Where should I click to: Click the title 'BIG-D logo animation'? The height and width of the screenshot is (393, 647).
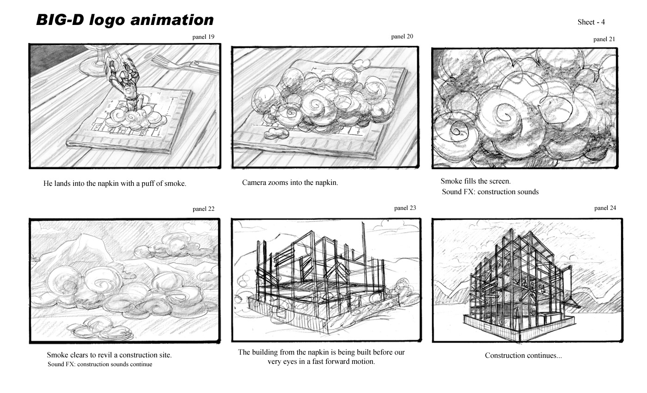click(125, 20)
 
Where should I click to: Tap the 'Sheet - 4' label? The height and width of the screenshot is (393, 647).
click(591, 22)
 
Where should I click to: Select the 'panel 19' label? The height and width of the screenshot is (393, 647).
click(203, 37)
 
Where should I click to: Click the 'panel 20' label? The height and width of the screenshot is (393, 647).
click(402, 37)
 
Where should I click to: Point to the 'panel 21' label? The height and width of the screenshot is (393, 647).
click(604, 39)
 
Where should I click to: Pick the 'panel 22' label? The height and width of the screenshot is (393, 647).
click(203, 209)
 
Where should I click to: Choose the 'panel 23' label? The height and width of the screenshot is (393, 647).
click(405, 208)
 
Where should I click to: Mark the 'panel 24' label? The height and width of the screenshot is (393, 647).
click(605, 208)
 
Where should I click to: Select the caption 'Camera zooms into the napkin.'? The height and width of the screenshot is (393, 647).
click(290, 183)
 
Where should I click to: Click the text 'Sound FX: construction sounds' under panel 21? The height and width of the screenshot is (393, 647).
click(490, 192)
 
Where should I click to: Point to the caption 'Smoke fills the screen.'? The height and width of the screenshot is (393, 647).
click(475, 182)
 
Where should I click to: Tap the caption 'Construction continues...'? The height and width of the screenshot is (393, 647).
click(523, 356)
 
